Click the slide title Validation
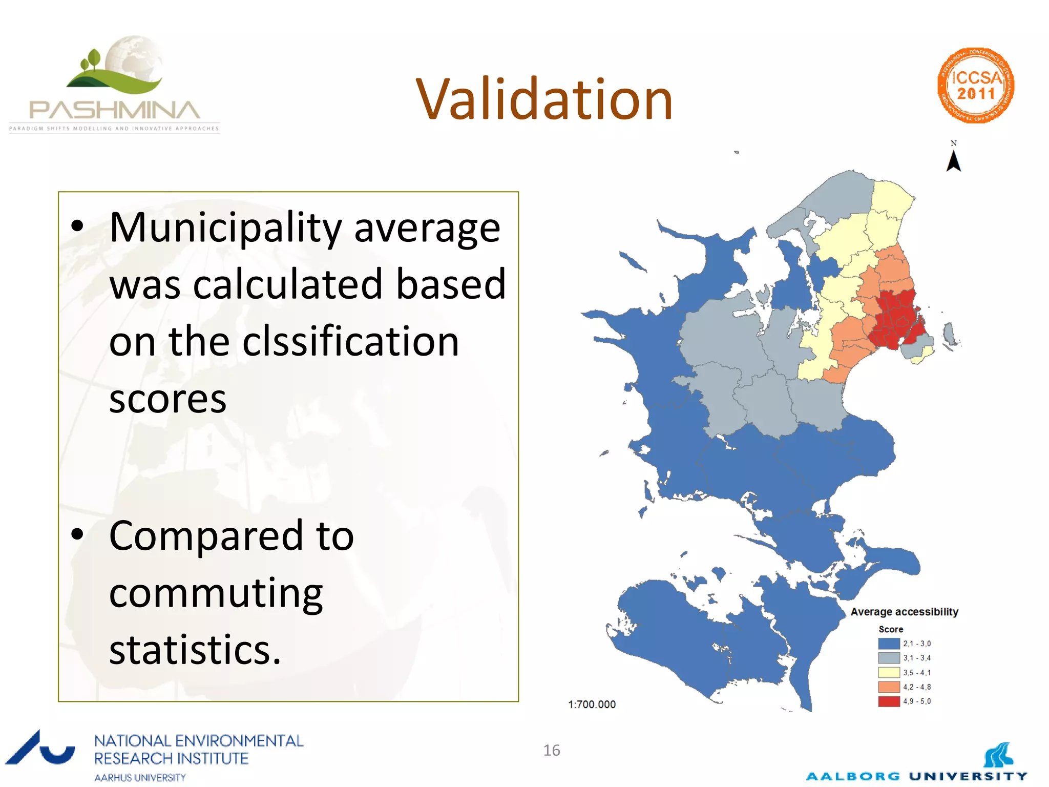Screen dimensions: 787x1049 (544, 99)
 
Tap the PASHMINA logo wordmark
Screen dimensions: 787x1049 (114, 110)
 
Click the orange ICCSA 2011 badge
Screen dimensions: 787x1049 (976, 86)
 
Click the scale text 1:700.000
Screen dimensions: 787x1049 (592, 704)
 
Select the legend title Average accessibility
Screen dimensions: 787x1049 (904, 611)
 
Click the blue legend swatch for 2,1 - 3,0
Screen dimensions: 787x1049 (889, 644)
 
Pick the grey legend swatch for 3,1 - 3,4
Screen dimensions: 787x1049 (889, 658)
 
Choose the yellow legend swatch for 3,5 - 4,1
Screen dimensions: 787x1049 (889, 672)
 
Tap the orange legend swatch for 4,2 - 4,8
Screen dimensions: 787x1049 (889, 687)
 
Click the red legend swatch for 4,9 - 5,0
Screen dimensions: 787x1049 (889, 701)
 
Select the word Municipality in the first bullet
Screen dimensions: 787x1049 (225, 227)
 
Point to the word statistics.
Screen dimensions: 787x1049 (195, 650)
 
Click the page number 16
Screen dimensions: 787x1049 (552, 750)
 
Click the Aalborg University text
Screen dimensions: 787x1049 (916, 776)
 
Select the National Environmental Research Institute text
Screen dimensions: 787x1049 (198, 749)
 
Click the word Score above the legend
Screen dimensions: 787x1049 (891, 629)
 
